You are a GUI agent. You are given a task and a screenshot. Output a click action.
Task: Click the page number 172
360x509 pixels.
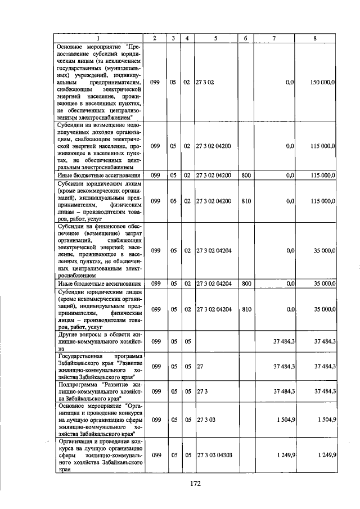[196, 482]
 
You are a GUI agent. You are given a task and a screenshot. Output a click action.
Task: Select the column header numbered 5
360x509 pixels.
[215, 38]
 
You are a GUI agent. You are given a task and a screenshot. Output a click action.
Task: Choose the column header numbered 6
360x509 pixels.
[246, 38]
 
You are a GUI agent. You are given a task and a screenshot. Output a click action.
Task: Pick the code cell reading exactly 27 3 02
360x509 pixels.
[205, 82]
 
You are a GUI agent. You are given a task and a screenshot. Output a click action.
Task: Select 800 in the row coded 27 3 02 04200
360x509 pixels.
[246, 175]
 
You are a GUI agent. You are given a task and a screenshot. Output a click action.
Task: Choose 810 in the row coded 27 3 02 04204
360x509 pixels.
[246, 309]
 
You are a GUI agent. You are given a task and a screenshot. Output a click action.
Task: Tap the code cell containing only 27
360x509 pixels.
[200, 366]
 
